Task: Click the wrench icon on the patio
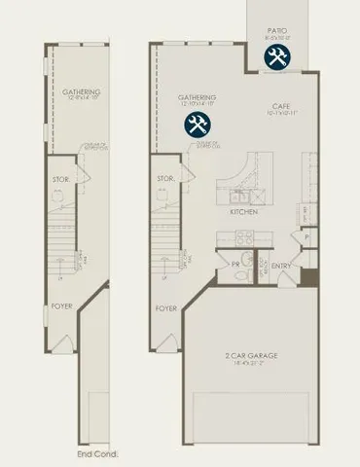276,58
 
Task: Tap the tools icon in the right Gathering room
198,125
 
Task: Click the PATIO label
276,30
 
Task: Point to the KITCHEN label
243,210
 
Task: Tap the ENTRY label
282,266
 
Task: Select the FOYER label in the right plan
166,308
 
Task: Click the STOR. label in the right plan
164,178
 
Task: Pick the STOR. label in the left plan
60,178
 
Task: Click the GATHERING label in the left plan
84,92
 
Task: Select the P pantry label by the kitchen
306,236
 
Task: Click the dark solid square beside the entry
309,276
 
